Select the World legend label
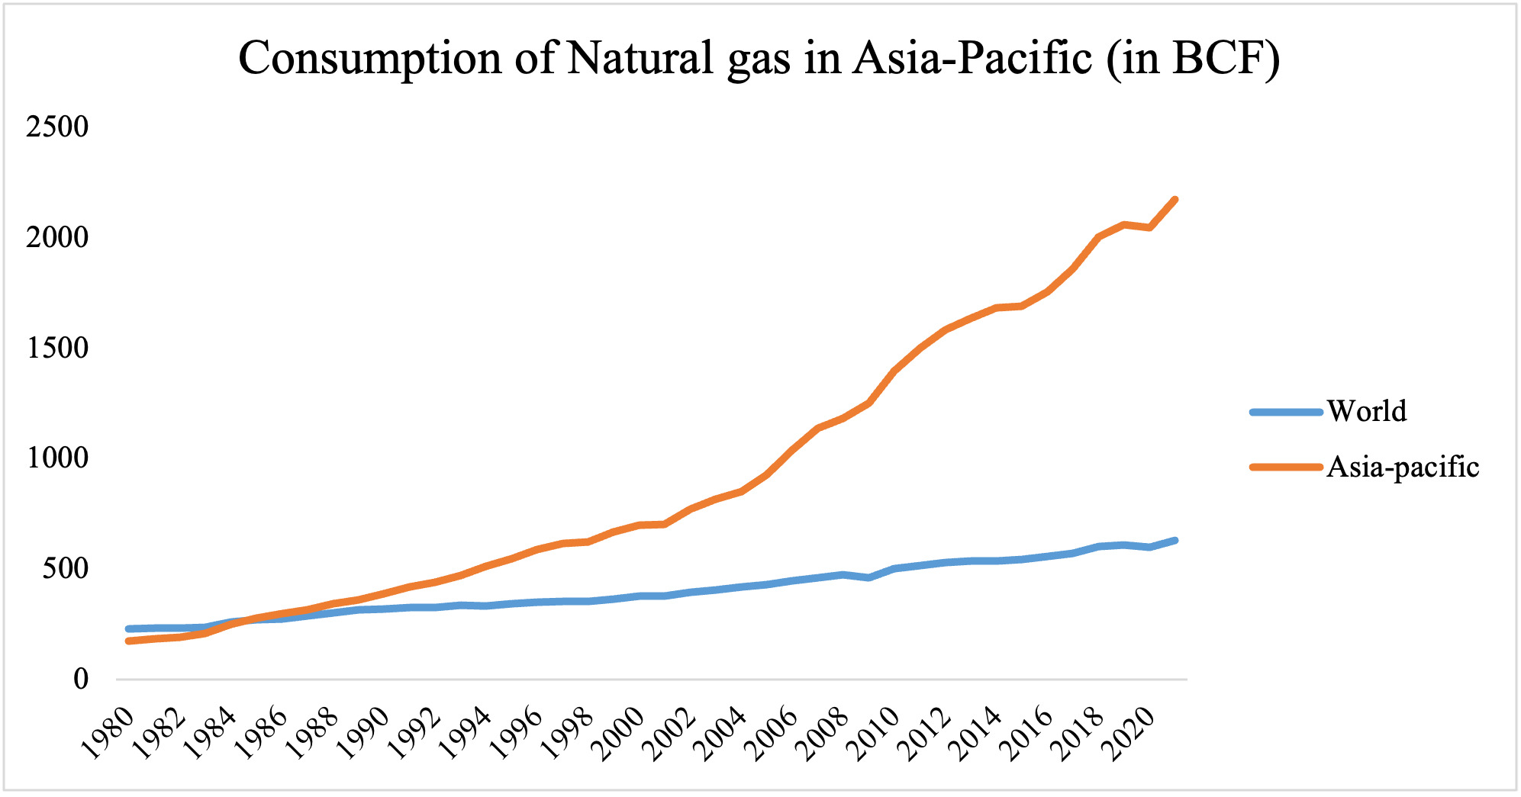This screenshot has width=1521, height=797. [x=1367, y=411]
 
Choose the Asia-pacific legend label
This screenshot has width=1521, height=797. [x=1403, y=466]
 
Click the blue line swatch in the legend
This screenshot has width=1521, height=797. [x=1286, y=412]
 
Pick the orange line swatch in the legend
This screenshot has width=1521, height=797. [x=1286, y=467]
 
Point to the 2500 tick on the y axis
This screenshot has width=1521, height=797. [x=57, y=127]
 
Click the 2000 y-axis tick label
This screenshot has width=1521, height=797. [x=57, y=237]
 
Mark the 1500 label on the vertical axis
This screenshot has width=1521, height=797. [x=57, y=348]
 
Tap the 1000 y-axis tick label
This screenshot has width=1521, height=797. [x=57, y=458]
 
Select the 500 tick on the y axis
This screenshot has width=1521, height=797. [x=66, y=568]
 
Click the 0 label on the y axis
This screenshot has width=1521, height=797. [x=81, y=679]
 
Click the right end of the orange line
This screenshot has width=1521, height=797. [x=1175, y=200]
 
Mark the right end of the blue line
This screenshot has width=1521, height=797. [x=1175, y=540]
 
